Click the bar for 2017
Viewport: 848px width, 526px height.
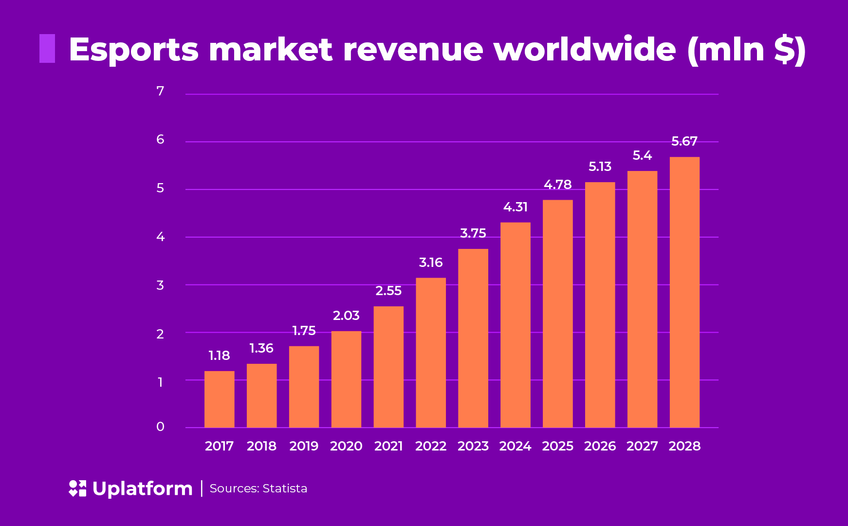coord(219,399)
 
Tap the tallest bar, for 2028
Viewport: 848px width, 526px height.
coord(684,292)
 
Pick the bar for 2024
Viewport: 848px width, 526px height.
coord(516,325)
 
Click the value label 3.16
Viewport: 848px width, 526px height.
coord(431,263)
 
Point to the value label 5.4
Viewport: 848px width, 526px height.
coord(642,156)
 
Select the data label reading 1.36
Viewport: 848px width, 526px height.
coord(261,349)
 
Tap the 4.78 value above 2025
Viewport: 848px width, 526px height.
coord(558,185)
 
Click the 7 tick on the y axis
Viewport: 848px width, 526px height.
coord(160,91)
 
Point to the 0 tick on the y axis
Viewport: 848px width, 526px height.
coord(160,427)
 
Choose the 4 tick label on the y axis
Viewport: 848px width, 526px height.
coord(160,237)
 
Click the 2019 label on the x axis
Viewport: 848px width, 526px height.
coord(304,446)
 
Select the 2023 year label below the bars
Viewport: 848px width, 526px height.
coord(473,446)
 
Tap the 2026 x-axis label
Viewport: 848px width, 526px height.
coord(600,446)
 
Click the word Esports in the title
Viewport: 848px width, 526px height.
coord(134,50)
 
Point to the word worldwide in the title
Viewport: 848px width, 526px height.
coord(584,50)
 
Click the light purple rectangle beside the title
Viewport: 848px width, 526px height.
coord(47,49)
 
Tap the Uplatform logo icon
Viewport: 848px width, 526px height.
coord(77,488)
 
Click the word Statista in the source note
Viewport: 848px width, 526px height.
coord(285,488)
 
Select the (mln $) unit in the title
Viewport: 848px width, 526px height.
coord(746,50)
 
